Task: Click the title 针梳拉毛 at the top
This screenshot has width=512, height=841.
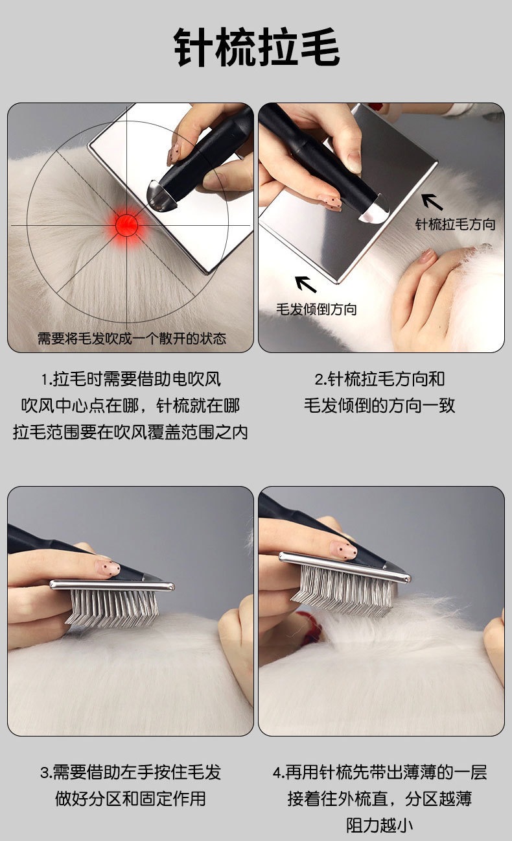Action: [257, 47]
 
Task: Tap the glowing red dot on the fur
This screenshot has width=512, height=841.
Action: [126, 225]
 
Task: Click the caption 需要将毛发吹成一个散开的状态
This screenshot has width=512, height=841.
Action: [132, 338]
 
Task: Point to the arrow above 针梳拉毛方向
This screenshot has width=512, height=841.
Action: [432, 202]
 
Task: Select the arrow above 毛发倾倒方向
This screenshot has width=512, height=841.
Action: [306, 284]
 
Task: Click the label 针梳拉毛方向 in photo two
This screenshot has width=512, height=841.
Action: [456, 224]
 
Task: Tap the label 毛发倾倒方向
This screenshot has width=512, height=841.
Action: [316, 309]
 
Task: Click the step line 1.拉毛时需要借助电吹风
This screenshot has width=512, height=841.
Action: [130, 379]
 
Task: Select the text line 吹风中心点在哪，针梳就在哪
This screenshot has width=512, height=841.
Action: [130, 406]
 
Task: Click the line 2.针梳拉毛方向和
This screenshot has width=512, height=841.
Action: [380, 379]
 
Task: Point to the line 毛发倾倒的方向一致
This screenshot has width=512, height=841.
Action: [380, 406]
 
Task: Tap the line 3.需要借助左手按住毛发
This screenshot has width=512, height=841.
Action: [130, 772]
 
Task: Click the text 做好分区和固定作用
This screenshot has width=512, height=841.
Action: [130, 799]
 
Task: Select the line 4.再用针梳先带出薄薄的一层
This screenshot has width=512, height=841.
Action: [380, 772]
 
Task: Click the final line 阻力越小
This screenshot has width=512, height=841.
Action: [380, 825]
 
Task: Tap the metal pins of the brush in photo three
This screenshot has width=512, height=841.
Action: [111, 609]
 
